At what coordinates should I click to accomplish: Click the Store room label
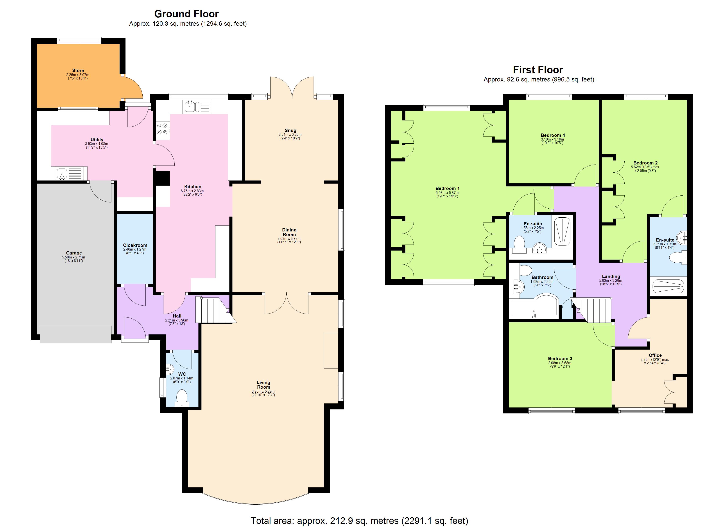coord(78,70)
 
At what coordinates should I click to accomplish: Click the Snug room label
coord(290,130)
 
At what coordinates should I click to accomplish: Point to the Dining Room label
coord(289,232)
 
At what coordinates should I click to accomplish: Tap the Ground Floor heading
coord(186,14)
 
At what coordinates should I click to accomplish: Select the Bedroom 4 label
coord(553,135)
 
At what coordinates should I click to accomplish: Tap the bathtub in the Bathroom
coord(534,308)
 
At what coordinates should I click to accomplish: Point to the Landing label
coord(611,276)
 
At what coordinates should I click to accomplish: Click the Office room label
coord(655,355)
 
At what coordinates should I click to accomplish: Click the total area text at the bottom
coord(359,521)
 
